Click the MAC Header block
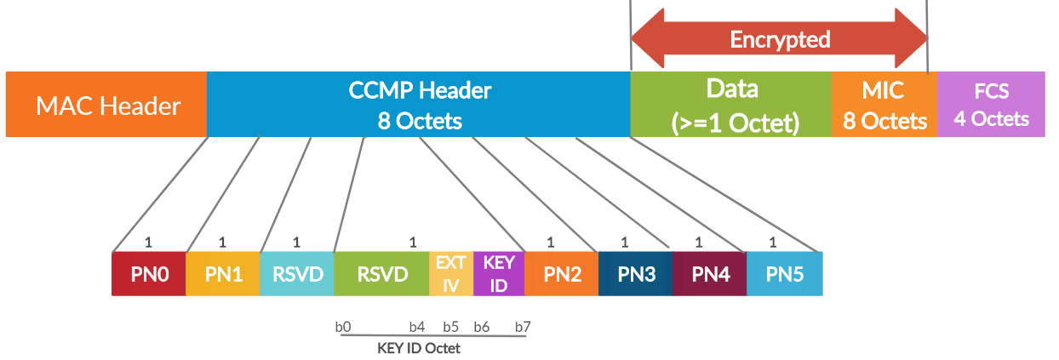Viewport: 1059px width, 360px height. point(106,105)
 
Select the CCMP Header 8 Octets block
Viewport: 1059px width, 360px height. point(419,105)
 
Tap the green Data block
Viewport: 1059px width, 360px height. point(731,105)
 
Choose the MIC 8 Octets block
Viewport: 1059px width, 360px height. point(884,105)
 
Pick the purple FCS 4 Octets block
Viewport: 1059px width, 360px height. point(991,105)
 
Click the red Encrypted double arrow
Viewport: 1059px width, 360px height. point(779,38)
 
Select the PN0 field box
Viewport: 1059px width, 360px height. point(149,274)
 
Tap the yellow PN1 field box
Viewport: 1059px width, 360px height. point(223,274)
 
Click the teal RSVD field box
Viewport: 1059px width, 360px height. point(297,274)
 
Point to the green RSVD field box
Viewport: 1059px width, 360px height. point(381,274)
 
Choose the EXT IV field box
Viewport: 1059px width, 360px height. point(451,274)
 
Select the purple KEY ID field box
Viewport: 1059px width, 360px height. point(499,274)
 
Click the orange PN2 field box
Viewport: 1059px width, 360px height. point(562,274)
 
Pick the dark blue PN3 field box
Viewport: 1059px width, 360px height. point(635,274)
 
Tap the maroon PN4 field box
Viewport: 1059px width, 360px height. point(710,274)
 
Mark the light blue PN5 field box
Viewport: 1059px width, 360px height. point(785,274)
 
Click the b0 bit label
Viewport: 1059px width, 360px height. point(343,327)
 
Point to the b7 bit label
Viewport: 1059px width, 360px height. point(523,327)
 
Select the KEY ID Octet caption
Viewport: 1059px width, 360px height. point(418,348)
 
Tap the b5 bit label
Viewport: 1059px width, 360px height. point(451,327)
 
